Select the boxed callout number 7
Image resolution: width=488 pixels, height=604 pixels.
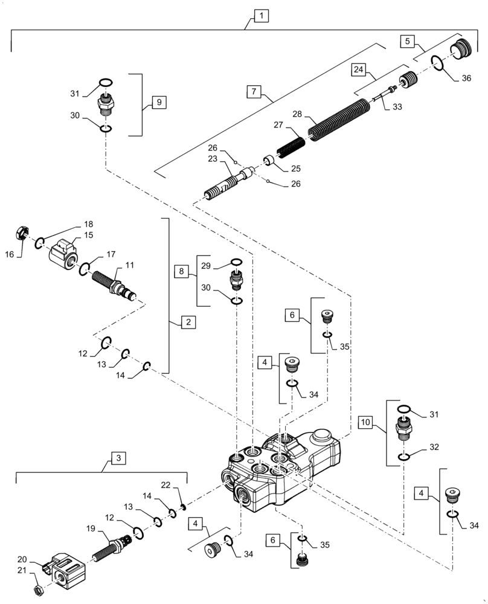pyautogui.click(x=254, y=92)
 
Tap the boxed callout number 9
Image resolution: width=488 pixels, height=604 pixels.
pyautogui.click(x=158, y=101)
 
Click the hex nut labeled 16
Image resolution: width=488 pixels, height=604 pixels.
pyautogui.click(x=21, y=232)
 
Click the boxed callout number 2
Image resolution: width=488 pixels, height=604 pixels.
pyautogui.click(x=188, y=323)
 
